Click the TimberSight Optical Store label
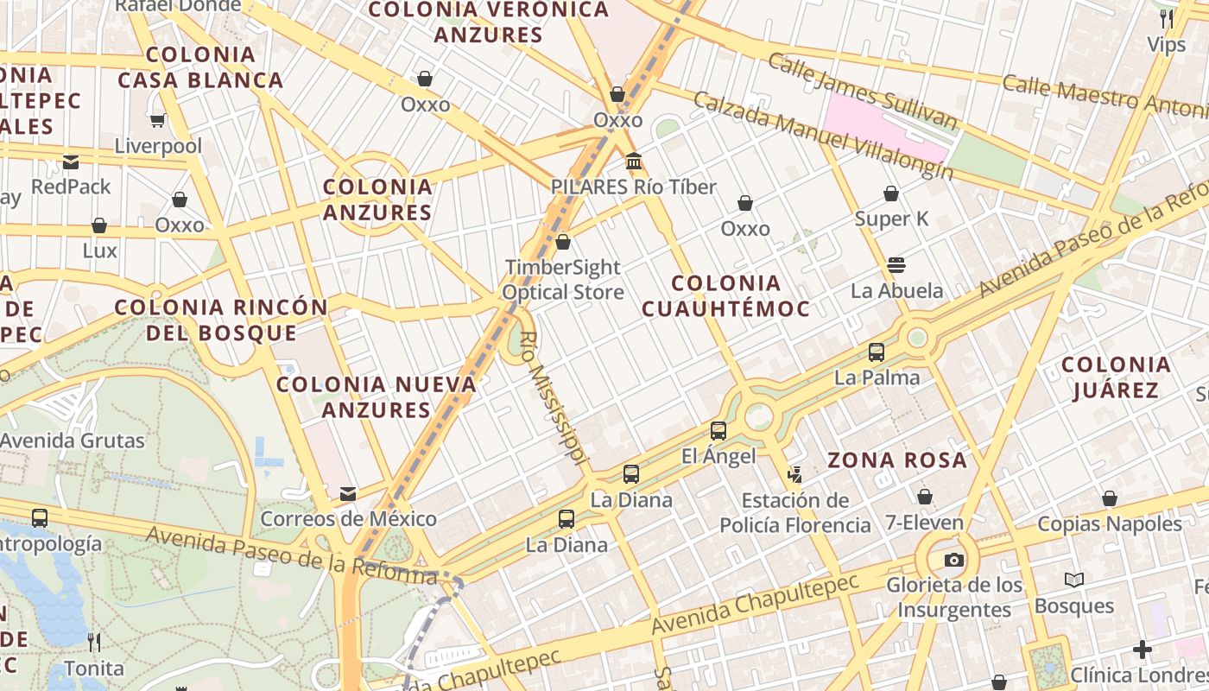[563, 280]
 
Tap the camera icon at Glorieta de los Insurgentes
[954, 560]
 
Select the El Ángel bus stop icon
[718, 430]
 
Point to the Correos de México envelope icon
[348, 493]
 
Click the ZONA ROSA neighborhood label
[897, 460]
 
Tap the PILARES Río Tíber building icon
[634, 161]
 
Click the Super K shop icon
[891, 193]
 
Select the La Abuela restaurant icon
[896, 264]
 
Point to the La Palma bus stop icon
[877, 352]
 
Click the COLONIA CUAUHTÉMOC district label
[725, 295]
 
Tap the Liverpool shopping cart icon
[157, 120]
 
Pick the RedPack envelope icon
[71, 162]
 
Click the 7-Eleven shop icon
[924, 497]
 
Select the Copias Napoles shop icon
[1110, 498]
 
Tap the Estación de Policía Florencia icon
[794, 474]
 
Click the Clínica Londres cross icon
[1143, 649]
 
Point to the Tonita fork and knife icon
[94, 642]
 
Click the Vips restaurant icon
[1167, 18]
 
